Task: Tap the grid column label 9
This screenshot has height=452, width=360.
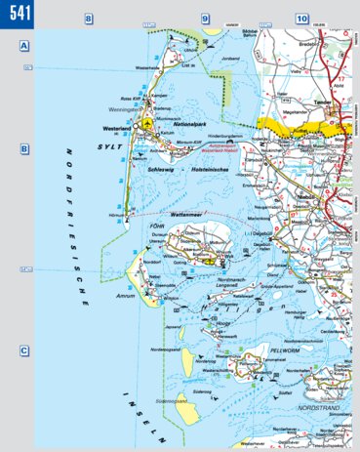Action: (205, 19)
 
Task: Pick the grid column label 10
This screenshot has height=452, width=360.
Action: (301, 19)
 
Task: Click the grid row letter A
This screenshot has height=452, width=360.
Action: (22, 47)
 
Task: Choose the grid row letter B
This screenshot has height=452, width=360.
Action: (22, 149)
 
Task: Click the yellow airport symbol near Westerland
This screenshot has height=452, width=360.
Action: (145, 125)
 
